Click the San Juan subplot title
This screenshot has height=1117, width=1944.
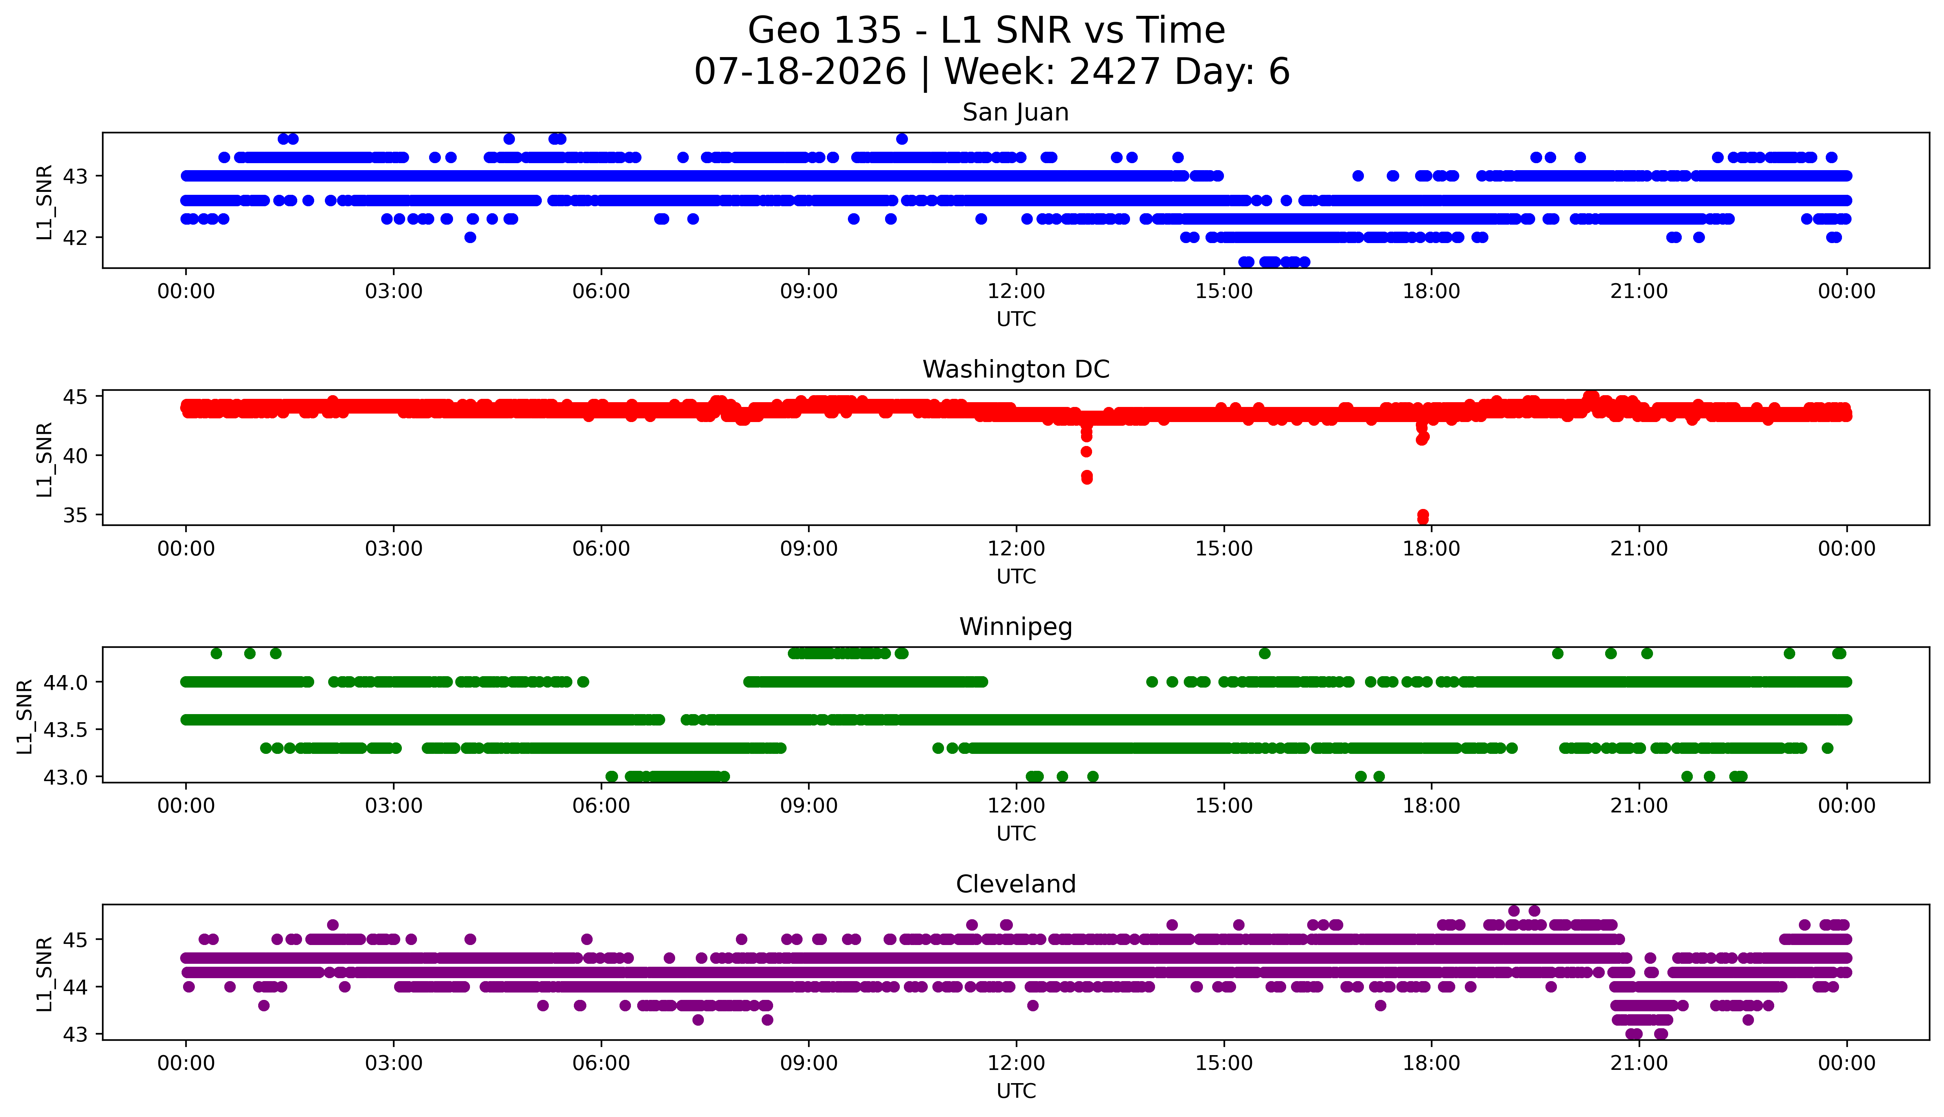[1016, 113]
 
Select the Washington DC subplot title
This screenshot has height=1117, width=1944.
[1016, 370]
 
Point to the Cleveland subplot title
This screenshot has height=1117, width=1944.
[1016, 885]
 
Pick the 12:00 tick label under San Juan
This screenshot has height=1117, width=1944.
[1016, 292]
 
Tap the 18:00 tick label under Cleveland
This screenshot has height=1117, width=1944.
[1432, 1063]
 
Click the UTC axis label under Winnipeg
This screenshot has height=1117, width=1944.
[1016, 834]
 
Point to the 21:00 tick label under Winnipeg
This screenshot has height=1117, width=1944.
[1639, 806]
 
